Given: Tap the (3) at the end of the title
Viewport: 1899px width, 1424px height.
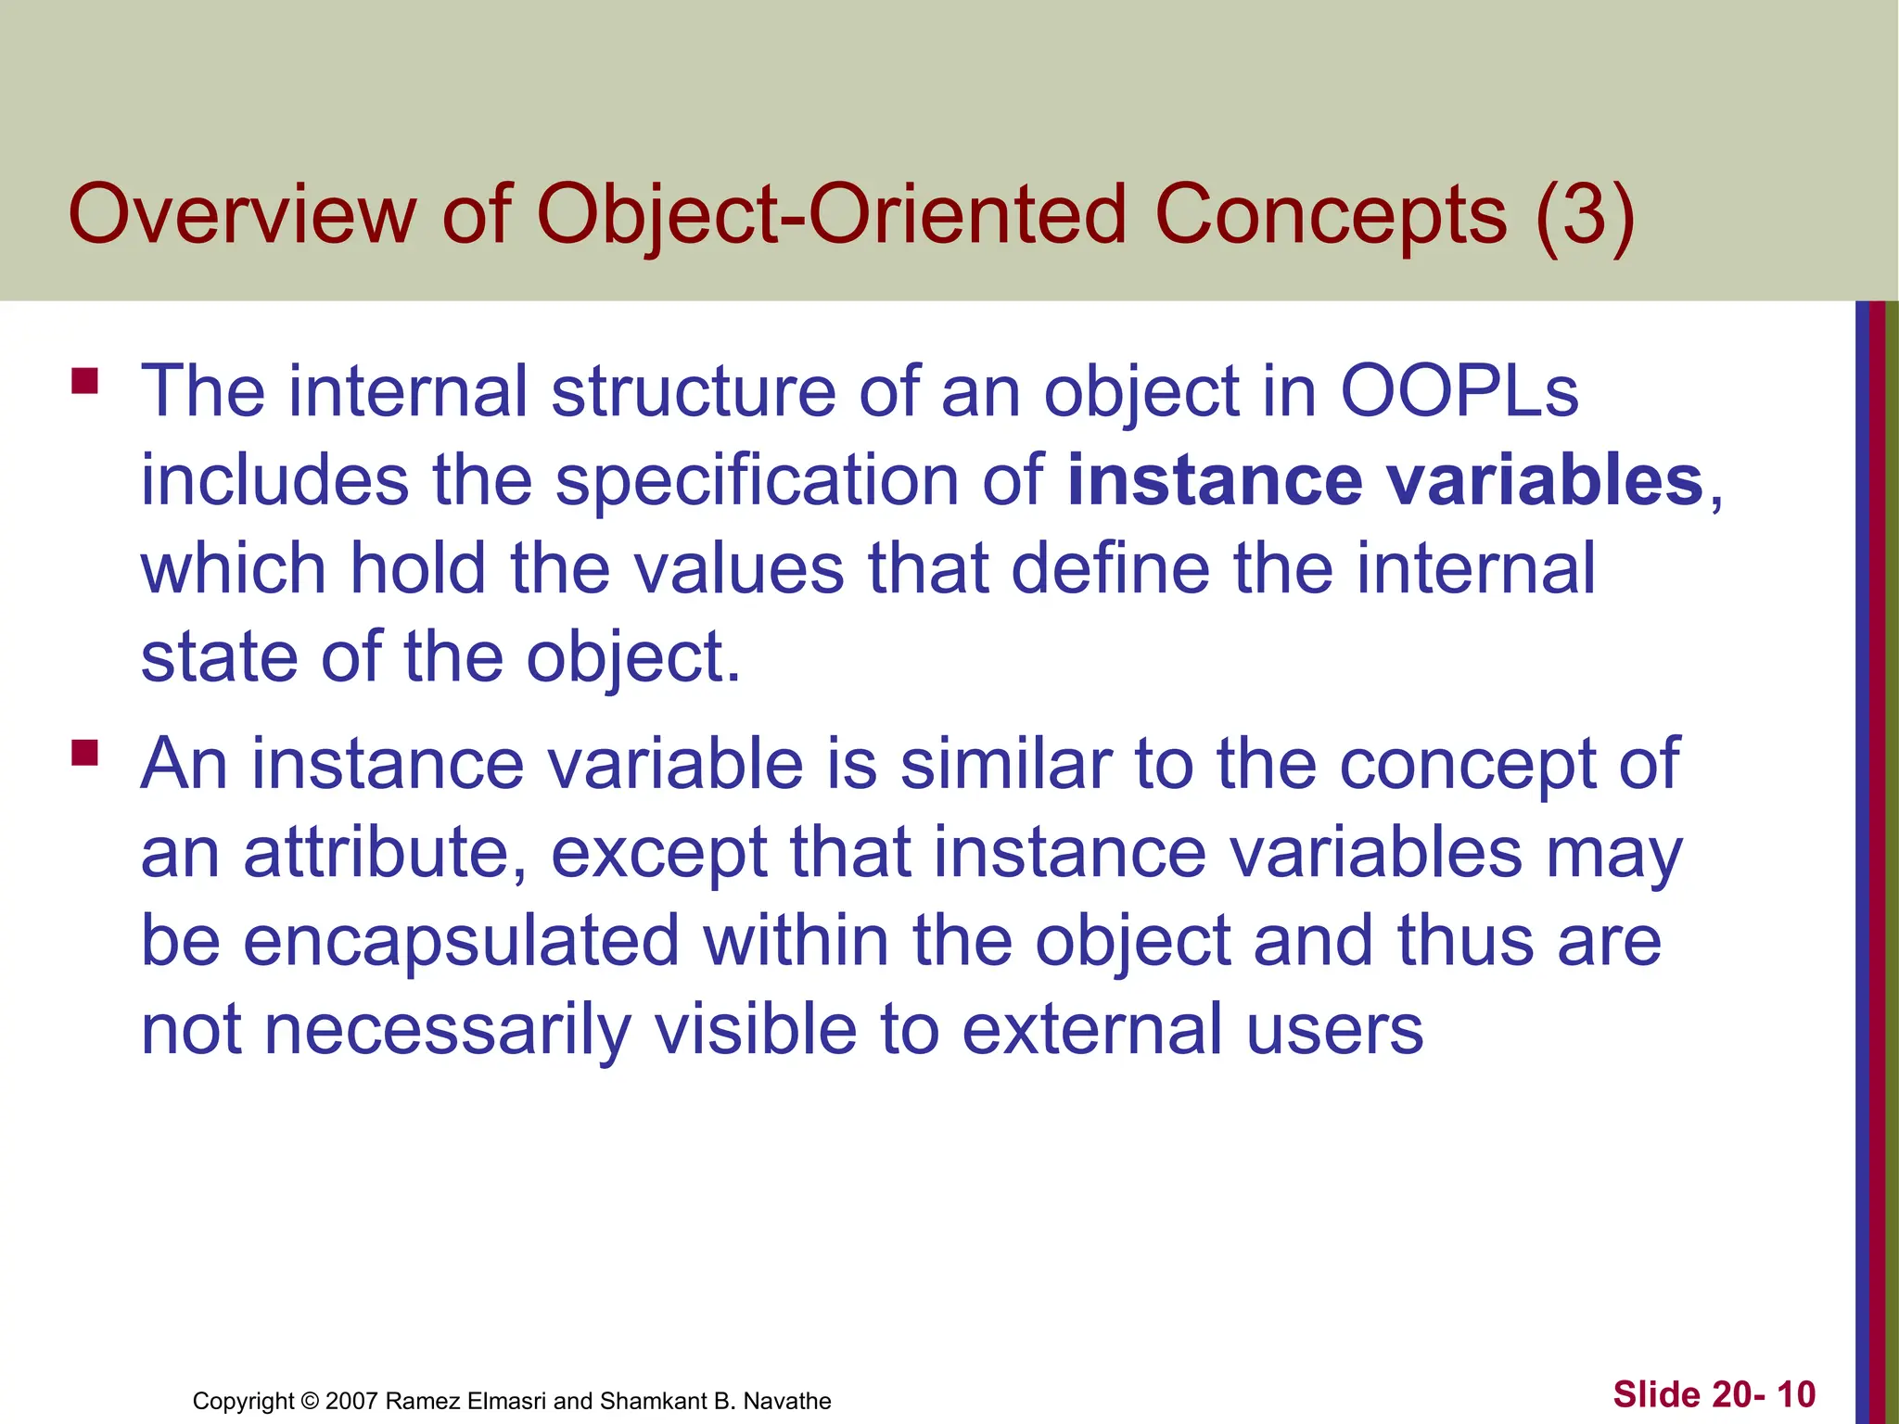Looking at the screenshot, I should pyautogui.click(x=1585, y=215).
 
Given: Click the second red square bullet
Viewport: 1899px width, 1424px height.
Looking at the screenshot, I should pyautogui.click(x=84, y=752).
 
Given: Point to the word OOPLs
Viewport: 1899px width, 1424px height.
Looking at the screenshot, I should pyautogui.click(x=1459, y=391).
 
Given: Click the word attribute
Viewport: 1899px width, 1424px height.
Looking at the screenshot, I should pyautogui.click(x=380, y=852).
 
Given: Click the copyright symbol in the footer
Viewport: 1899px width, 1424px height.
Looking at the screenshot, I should pyautogui.click(x=310, y=1401).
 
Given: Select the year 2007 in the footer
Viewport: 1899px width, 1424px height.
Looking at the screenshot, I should pyautogui.click(x=351, y=1401).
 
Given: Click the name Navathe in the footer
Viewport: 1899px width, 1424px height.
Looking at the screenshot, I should pyautogui.click(x=787, y=1401).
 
